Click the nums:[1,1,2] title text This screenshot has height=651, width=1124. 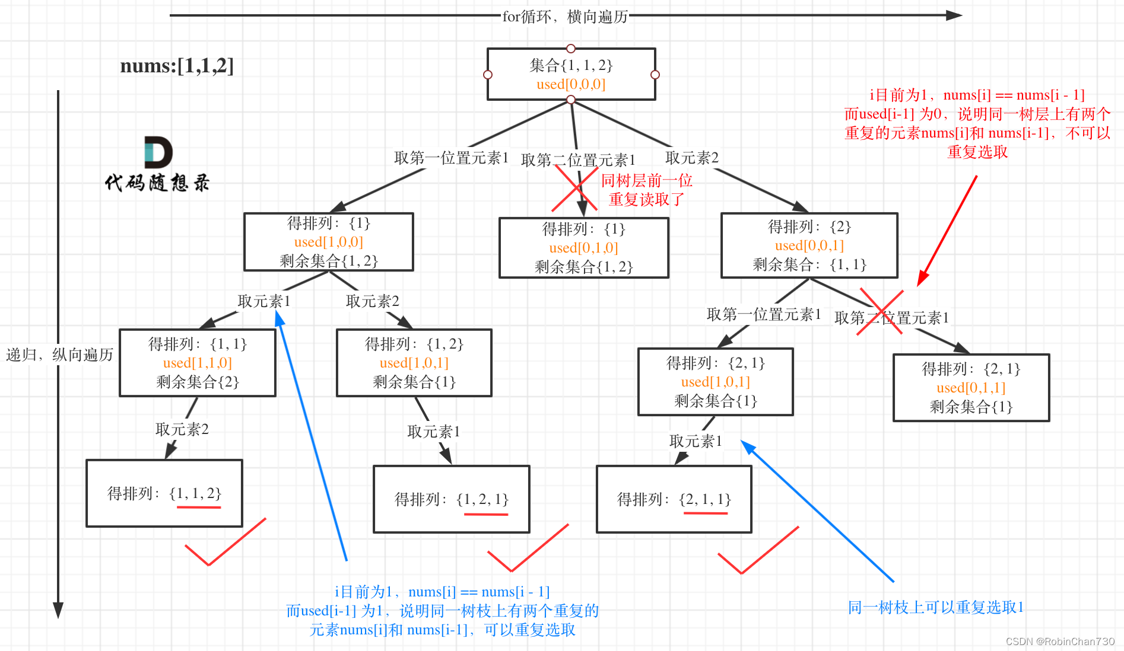[x=177, y=66]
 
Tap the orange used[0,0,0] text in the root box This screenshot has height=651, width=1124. [x=571, y=84]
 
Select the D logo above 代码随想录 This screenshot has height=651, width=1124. [x=158, y=152]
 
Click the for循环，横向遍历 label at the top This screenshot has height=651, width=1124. [x=565, y=17]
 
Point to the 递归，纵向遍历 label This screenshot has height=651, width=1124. [x=59, y=355]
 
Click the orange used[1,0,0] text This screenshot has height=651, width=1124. [x=328, y=242]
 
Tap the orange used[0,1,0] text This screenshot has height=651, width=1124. [x=583, y=248]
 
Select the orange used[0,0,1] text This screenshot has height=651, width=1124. [x=809, y=245]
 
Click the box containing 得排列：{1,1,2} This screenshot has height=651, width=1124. [x=164, y=493]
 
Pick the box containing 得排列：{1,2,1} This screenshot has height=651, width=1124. [x=451, y=499]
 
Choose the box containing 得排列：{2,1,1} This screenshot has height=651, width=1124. [x=674, y=499]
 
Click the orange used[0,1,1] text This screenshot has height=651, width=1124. [x=971, y=388]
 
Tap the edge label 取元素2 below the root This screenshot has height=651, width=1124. [x=691, y=158]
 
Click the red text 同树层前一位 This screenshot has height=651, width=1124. [x=646, y=180]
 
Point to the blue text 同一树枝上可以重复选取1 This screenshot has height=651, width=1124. [x=935, y=608]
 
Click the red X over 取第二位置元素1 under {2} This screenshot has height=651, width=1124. [x=881, y=312]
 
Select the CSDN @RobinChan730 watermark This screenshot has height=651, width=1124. [x=1060, y=642]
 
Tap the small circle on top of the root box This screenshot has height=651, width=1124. [x=571, y=48]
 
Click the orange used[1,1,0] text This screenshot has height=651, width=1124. [x=197, y=363]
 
